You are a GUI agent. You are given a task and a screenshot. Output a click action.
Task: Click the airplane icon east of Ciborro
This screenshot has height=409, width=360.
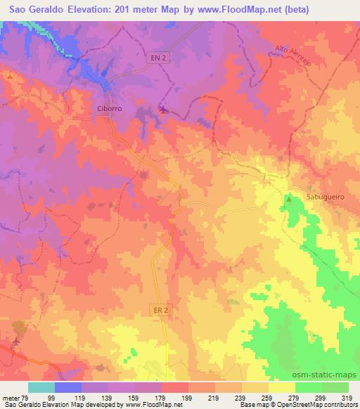(x=163, y=109)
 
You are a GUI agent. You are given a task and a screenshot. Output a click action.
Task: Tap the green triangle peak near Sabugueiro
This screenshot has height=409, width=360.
(x=289, y=200)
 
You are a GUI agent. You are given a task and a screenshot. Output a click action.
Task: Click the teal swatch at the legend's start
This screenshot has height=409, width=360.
(x=41, y=387)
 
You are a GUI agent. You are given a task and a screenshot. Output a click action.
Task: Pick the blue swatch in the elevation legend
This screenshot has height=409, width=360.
(x=69, y=387)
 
